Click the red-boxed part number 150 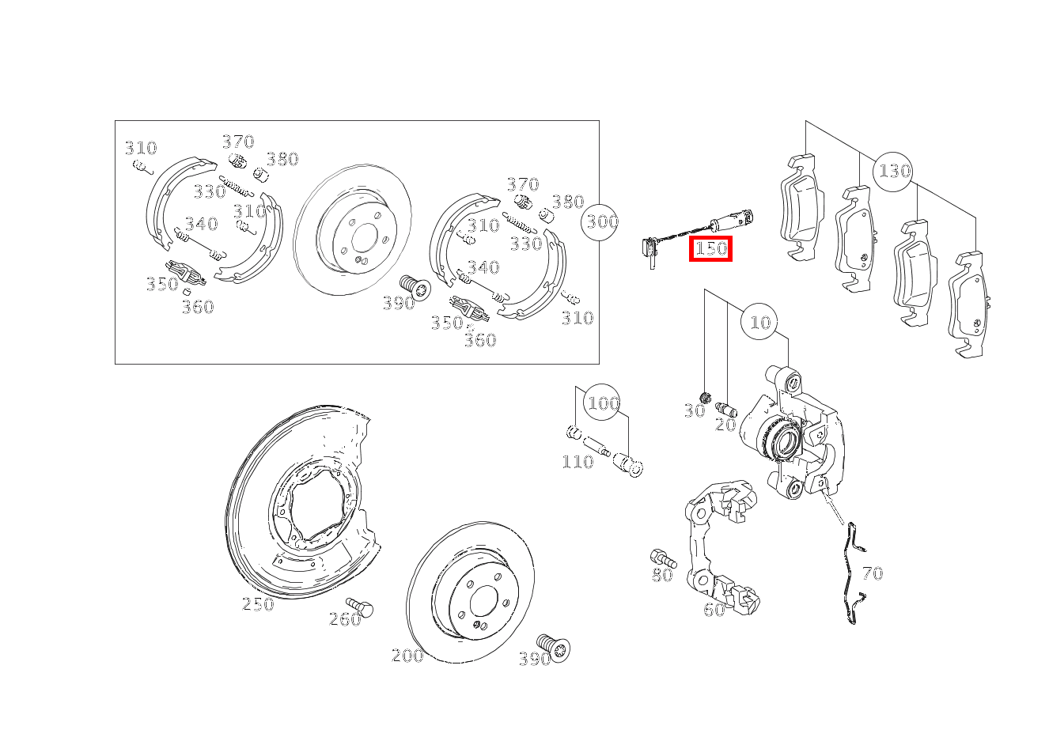point(710,248)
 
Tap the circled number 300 point(600,222)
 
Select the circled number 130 point(893,172)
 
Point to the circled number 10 point(759,322)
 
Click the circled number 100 point(602,403)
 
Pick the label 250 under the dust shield point(258,604)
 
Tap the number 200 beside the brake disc point(407,656)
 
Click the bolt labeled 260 point(360,607)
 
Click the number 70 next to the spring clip point(873,573)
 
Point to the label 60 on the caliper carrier point(714,610)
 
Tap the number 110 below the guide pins point(578,462)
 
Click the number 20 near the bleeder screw point(725,425)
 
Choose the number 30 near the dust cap point(695,411)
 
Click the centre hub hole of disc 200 point(483,601)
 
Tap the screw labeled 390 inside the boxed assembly point(415,287)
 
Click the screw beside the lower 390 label point(554,648)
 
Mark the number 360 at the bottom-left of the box point(198,307)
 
